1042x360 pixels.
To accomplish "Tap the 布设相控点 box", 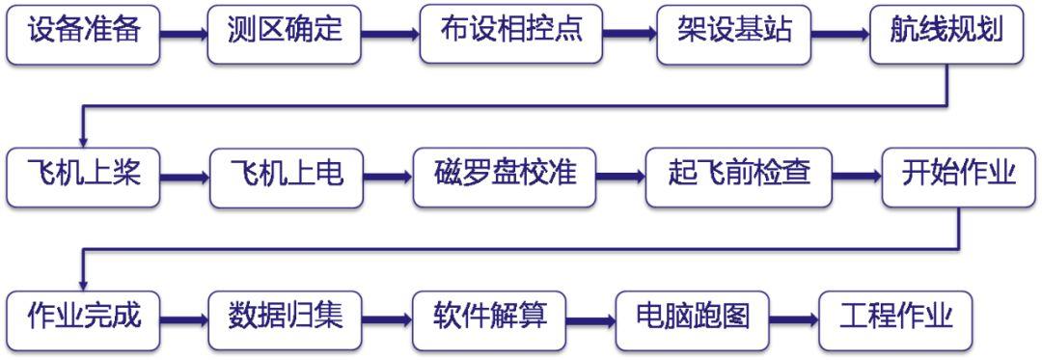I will point(511,33).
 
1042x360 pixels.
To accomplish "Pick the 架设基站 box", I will point(733,33).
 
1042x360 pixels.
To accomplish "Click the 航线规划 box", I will point(946,33).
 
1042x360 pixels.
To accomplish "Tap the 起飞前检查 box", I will point(738,177).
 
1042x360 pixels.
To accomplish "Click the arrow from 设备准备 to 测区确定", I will point(183,34).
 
